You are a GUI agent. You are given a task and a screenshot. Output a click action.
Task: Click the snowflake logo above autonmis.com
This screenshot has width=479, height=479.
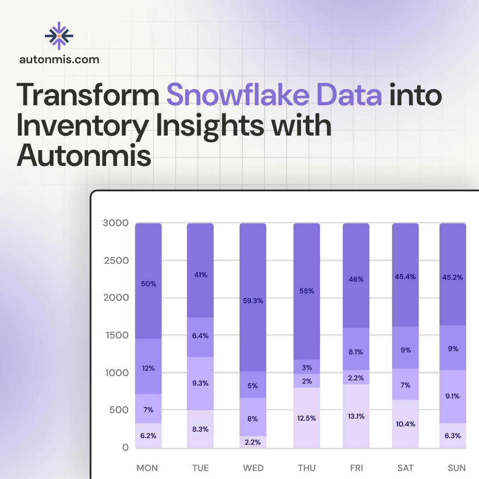(x=59, y=36)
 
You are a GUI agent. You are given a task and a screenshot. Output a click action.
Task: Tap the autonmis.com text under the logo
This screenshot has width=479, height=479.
(x=59, y=59)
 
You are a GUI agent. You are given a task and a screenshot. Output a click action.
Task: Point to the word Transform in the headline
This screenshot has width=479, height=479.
(x=88, y=95)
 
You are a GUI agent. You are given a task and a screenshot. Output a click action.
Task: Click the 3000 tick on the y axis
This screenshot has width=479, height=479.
(x=116, y=223)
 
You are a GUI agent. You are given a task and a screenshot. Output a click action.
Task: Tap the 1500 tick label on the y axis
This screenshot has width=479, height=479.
(x=116, y=335)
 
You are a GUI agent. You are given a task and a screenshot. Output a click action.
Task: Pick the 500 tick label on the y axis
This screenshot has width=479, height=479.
(x=118, y=410)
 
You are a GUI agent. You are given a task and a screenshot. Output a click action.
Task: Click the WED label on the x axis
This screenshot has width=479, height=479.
(x=253, y=468)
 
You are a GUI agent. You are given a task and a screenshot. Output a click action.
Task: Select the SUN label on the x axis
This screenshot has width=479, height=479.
(x=456, y=468)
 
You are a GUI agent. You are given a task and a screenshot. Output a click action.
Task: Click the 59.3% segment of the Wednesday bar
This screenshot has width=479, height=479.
(x=253, y=301)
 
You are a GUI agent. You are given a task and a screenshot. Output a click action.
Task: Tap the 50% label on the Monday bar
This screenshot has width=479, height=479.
(x=149, y=284)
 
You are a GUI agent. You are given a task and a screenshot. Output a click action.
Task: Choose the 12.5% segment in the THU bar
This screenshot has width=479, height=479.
(x=306, y=417)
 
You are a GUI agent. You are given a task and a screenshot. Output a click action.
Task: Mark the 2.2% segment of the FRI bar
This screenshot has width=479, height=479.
(x=356, y=377)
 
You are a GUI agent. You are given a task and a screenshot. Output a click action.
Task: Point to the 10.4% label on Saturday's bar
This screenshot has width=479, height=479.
(x=405, y=424)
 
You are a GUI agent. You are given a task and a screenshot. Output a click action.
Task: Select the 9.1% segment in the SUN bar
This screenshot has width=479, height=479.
(x=453, y=396)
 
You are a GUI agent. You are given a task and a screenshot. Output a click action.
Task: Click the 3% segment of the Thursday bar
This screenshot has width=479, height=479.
(x=306, y=367)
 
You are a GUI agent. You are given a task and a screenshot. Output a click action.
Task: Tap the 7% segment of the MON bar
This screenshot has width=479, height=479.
(x=149, y=409)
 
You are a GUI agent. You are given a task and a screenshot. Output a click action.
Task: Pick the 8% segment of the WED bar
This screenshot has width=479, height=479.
(x=253, y=418)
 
